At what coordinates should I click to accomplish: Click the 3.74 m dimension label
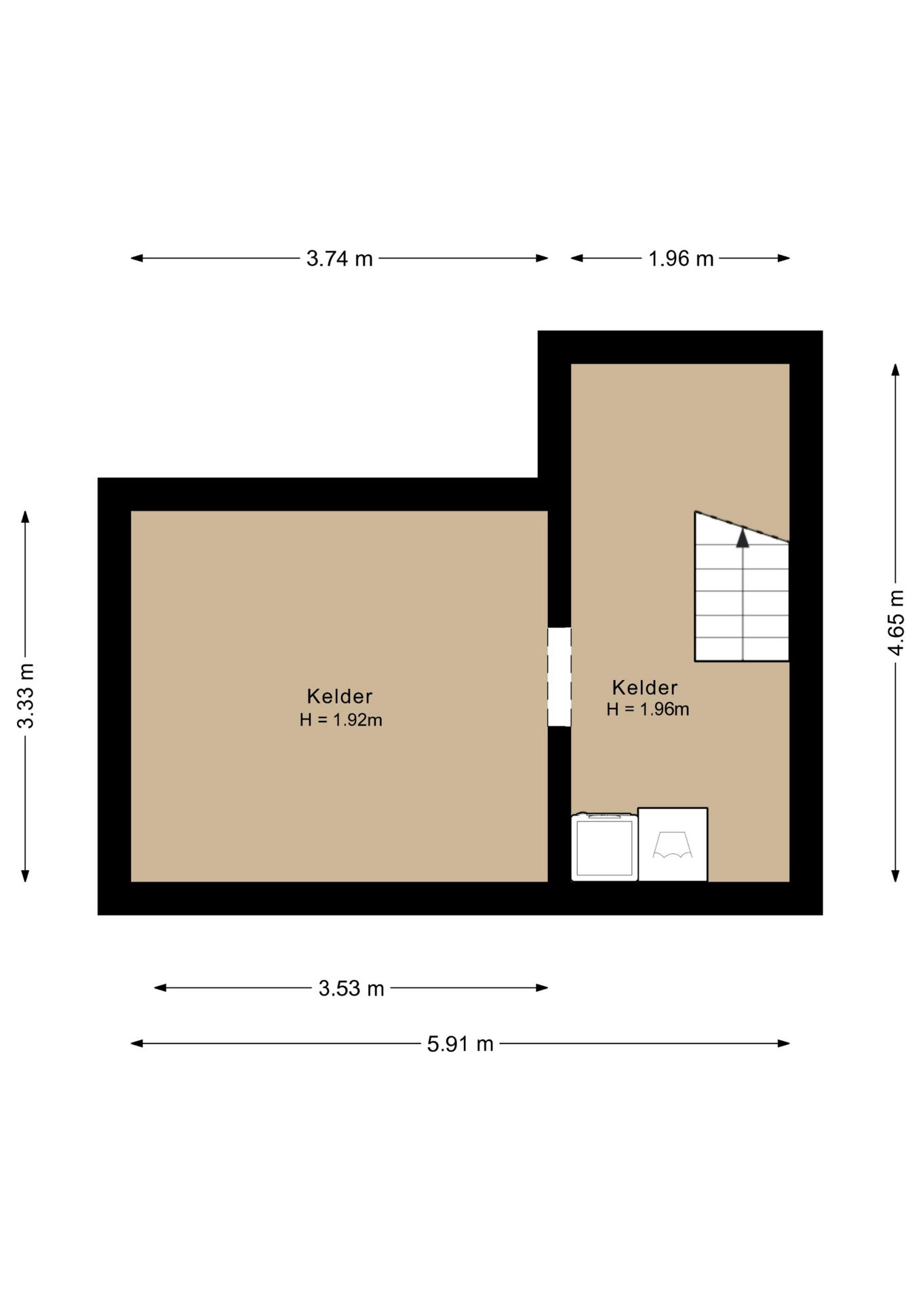click(339, 258)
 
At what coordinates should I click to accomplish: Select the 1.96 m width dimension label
click(681, 258)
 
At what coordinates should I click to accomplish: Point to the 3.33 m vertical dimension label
click(26, 696)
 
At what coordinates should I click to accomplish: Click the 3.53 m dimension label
click(351, 988)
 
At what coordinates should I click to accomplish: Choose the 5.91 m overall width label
click(460, 1044)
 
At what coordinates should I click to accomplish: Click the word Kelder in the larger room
click(340, 696)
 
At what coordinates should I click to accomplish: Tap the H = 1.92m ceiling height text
click(341, 720)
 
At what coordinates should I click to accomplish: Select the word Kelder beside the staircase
click(645, 688)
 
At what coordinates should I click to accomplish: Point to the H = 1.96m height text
click(648, 709)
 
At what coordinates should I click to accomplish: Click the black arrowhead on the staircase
click(743, 538)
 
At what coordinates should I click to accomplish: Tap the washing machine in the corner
click(604, 846)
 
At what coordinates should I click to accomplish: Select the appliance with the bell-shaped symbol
click(673, 844)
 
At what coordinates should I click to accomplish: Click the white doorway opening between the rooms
click(560, 677)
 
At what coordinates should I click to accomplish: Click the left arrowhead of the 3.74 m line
click(137, 258)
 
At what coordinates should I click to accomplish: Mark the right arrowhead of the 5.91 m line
click(783, 1044)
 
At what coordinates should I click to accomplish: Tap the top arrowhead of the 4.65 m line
click(896, 370)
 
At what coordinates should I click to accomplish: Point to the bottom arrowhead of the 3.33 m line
click(26, 875)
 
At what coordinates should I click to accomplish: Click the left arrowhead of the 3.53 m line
click(161, 988)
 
